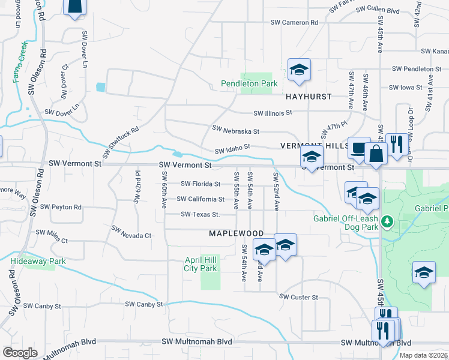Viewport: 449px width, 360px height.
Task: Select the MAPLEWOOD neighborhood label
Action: pos(236,233)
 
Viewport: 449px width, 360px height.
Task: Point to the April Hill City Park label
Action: pos(200,265)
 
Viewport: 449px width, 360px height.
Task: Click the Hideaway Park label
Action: pos(38,262)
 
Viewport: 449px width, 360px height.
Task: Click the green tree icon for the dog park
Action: pos(388,223)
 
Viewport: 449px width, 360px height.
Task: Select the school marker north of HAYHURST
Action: pos(298,71)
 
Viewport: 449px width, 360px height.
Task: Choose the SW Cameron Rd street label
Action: pos(294,23)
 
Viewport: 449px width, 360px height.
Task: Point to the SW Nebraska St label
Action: pos(235,130)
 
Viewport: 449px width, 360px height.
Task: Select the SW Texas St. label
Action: pos(200,215)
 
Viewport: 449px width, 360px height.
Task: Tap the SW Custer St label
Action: pos(298,297)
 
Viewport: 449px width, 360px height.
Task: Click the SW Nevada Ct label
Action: pos(131,236)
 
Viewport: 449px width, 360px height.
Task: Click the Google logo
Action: pos(20,353)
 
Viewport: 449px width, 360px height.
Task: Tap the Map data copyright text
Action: pos(424,355)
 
